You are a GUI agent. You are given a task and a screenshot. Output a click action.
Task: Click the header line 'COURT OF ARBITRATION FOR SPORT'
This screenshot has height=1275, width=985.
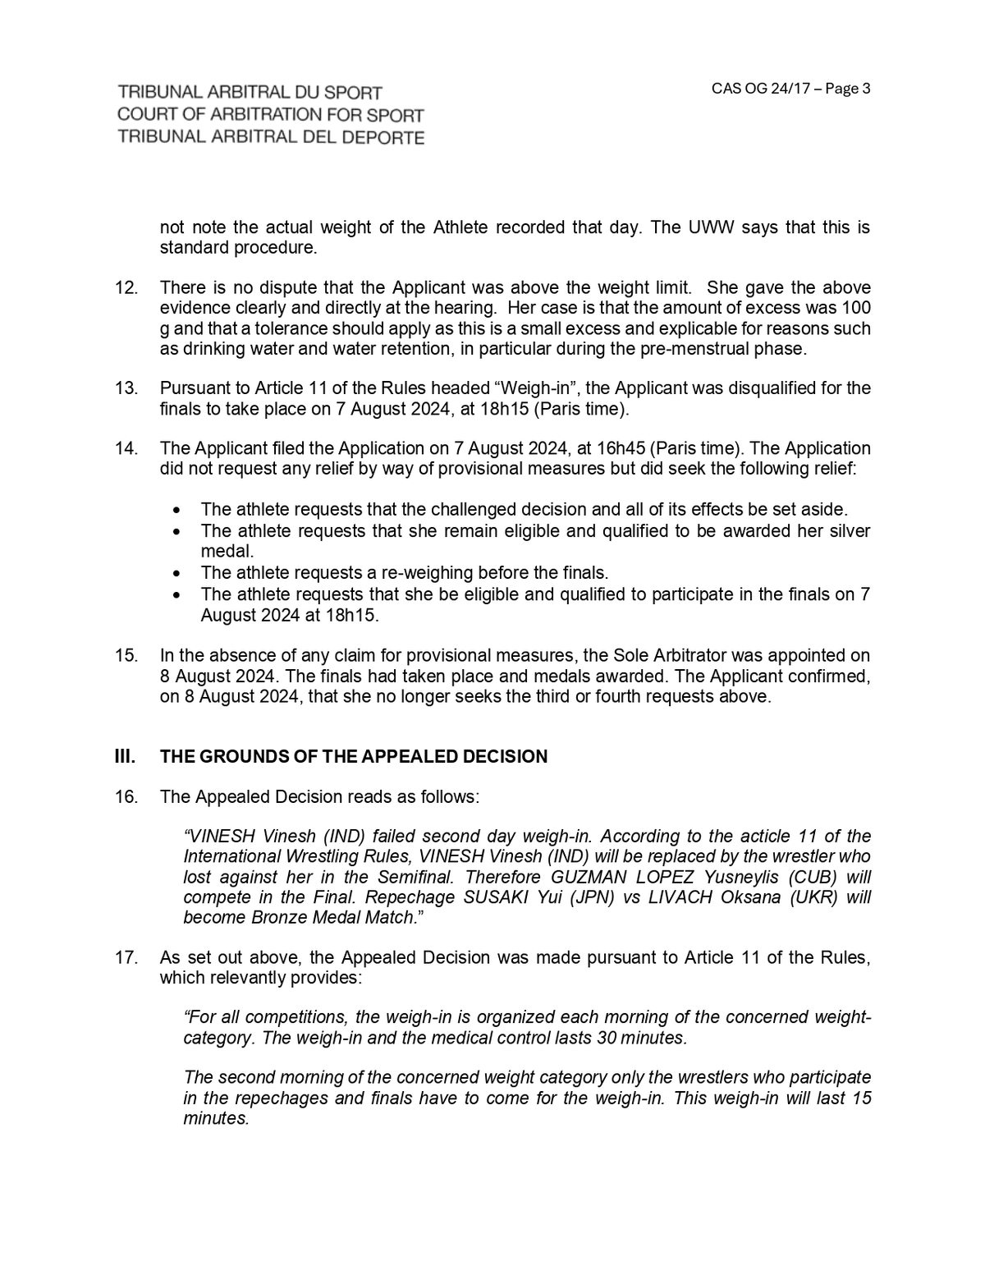point(271,115)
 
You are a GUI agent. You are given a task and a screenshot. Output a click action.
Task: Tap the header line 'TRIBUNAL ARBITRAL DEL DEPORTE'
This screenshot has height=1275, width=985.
point(271,137)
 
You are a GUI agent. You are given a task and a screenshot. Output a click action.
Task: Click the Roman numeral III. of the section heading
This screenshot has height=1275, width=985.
point(125,757)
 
